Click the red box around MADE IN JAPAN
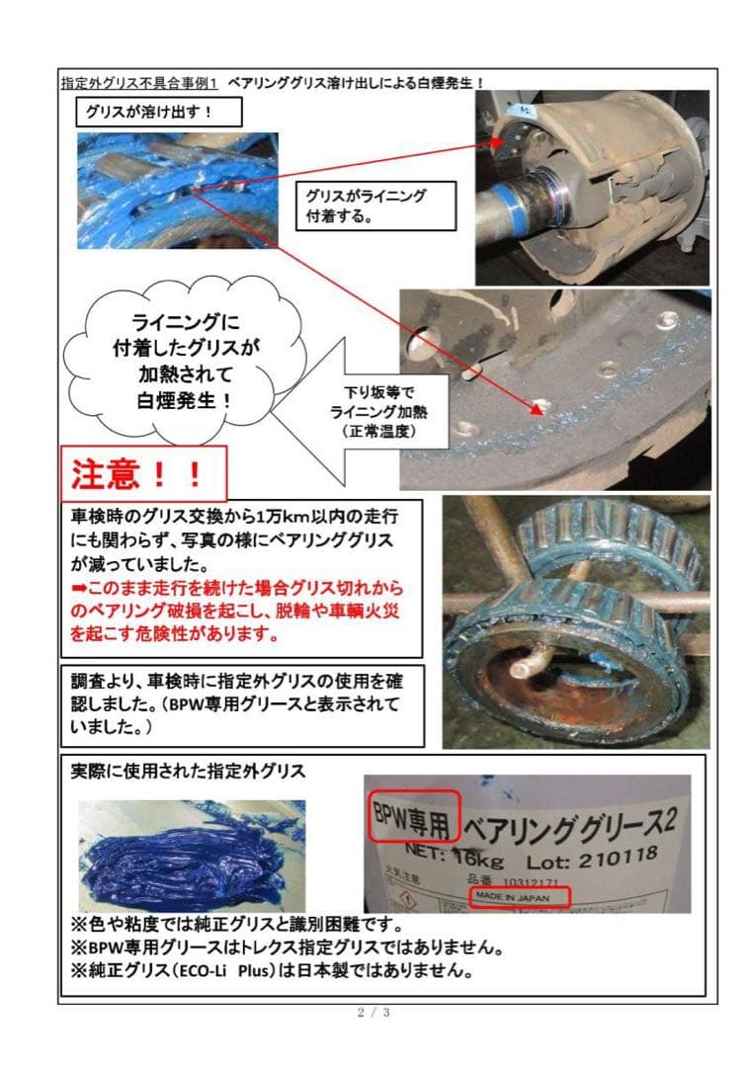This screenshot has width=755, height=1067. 520,896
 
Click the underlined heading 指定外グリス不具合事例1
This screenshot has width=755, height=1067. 138,81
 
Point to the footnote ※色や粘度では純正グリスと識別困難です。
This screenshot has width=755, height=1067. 232,926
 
